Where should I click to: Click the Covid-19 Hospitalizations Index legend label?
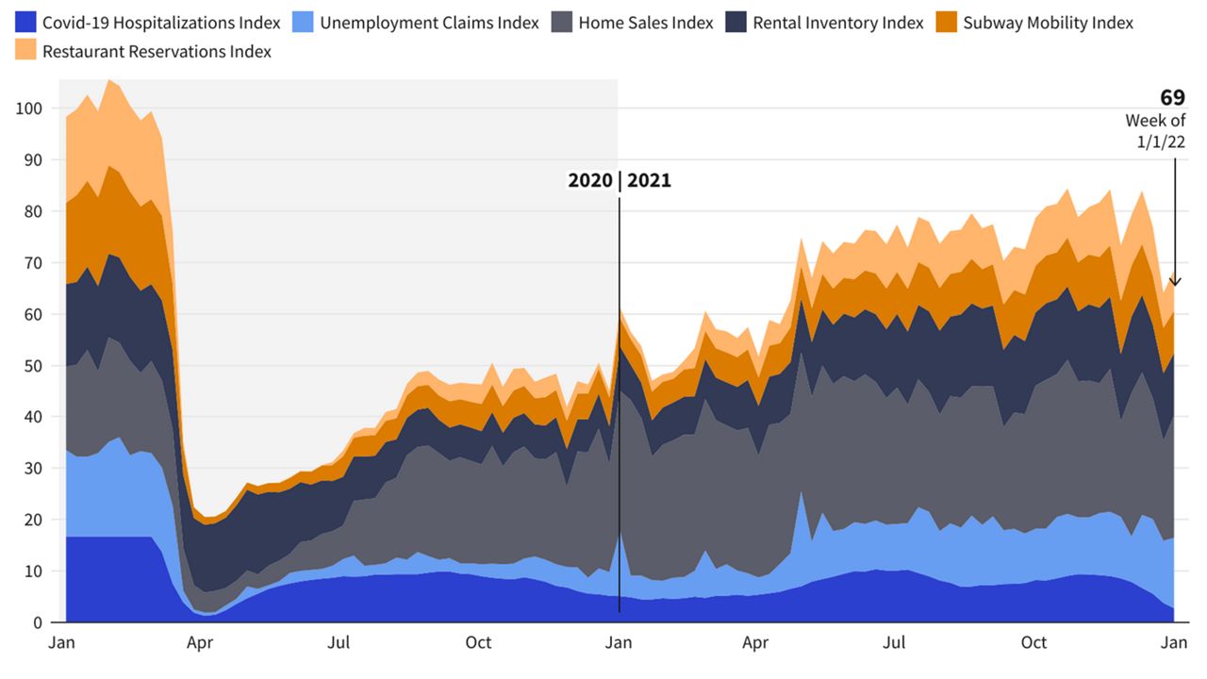pyautogui.click(x=161, y=23)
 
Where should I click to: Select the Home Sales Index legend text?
pyautogui.click(x=646, y=23)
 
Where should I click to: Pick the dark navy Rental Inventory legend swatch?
pyautogui.click(x=737, y=23)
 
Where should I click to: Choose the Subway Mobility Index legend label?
pyautogui.click(x=1048, y=23)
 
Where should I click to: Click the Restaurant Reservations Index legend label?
pyautogui.click(x=157, y=52)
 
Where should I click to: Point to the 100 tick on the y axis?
pyautogui.click(x=29, y=108)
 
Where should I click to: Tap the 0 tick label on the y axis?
pyautogui.click(x=37, y=622)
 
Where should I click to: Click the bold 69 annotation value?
pyautogui.click(x=1172, y=98)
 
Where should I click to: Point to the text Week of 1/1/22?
pyautogui.click(x=1155, y=131)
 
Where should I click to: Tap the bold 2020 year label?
pyautogui.click(x=590, y=180)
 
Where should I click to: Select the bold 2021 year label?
pyautogui.click(x=649, y=180)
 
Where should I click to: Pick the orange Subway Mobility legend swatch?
pyautogui.click(x=948, y=23)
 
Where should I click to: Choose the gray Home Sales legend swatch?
pyautogui.click(x=563, y=23)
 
